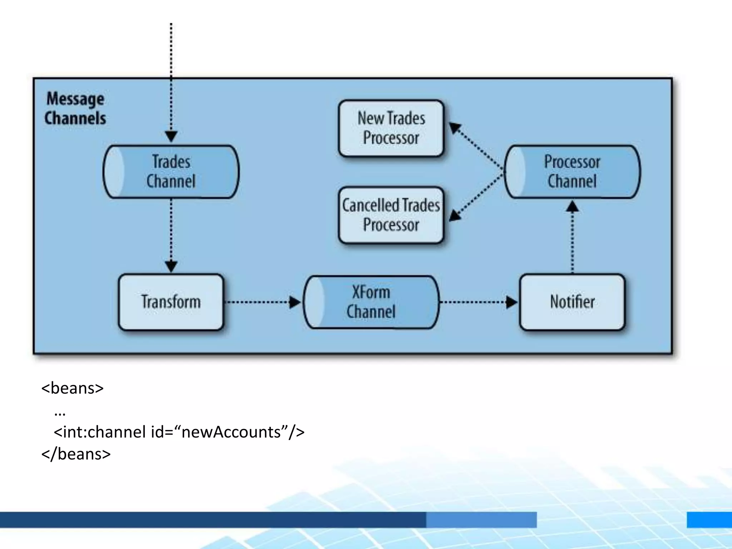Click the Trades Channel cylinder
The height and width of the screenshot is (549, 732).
171,172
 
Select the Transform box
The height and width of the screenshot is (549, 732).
171,302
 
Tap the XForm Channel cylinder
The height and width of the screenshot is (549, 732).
371,302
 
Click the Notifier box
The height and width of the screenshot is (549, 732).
572,302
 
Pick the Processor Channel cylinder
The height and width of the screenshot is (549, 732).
572,172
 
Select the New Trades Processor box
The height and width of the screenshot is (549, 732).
391,128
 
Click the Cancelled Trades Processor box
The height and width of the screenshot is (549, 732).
391,215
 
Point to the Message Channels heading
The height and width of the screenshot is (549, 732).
75,108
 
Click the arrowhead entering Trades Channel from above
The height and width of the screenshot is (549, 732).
171,136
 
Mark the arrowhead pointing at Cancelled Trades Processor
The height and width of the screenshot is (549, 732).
455,215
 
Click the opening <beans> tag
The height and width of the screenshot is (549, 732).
73,388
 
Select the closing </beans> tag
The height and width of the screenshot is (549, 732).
76,454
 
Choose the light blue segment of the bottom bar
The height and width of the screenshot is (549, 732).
481,520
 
